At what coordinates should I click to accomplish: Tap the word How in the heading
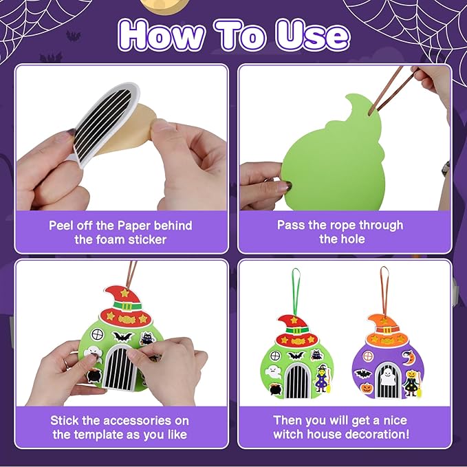pos(161,35)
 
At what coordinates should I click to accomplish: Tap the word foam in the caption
pos(111,239)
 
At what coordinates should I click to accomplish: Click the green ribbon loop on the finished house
pos(296,291)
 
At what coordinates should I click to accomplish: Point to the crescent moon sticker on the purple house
pos(407,358)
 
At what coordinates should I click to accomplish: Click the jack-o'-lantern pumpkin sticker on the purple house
pos(367,387)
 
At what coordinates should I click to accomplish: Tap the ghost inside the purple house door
pos(387,376)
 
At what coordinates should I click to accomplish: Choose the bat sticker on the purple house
pos(362,373)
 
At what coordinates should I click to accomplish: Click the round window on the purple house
pos(368,356)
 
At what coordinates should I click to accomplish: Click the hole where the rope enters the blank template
pos(370,113)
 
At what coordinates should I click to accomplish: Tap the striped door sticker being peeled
pos(105,122)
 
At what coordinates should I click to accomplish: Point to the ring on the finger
pos(65,363)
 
